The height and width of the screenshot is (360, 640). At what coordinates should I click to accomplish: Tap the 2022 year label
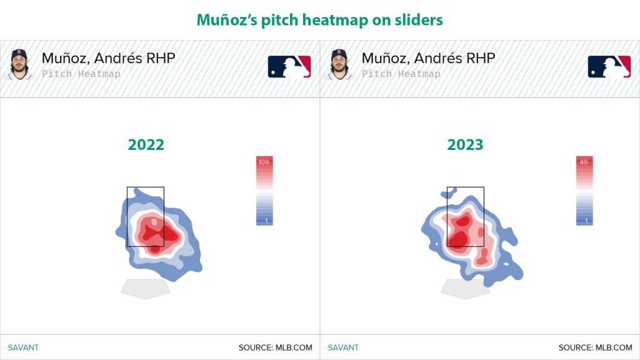[146, 144]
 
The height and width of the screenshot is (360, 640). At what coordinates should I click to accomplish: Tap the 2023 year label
[465, 144]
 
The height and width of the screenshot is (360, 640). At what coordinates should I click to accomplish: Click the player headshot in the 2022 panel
[19, 64]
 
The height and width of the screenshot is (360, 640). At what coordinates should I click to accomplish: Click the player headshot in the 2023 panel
[339, 64]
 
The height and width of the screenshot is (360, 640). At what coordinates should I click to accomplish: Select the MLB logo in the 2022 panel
[289, 66]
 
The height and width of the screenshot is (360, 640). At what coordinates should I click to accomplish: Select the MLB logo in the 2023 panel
[609, 66]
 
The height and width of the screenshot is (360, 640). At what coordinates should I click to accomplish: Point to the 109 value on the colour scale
[264, 162]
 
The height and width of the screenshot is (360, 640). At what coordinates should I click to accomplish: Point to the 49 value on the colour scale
[584, 162]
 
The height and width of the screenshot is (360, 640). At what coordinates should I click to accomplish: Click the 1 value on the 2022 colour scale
[266, 221]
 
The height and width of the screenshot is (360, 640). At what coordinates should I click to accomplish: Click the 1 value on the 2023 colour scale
[586, 221]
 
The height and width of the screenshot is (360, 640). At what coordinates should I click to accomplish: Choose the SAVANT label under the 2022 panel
[23, 347]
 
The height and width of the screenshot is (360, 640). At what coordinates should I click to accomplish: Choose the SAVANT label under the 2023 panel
[343, 347]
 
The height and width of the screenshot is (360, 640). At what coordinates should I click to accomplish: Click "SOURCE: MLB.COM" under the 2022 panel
[276, 347]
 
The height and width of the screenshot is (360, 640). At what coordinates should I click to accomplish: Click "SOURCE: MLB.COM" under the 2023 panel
[596, 347]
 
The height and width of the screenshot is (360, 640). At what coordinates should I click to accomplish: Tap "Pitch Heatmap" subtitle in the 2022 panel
[81, 74]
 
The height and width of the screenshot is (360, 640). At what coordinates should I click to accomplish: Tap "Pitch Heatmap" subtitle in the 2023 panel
[401, 74]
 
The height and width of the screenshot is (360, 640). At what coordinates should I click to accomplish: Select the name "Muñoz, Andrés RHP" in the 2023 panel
[429, 58]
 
